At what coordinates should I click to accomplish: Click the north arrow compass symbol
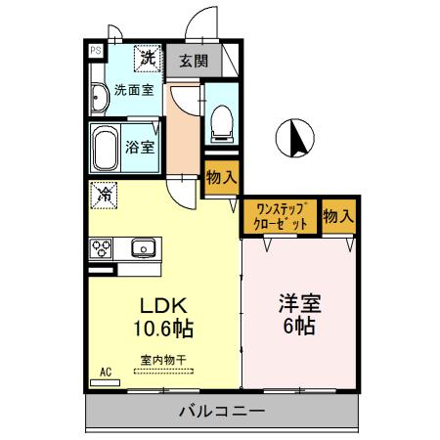pos(295,139)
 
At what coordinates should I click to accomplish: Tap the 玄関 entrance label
pos(193,61)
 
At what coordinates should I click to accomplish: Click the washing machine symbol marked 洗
pos(148,59)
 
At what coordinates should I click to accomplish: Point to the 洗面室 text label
pos(133,90)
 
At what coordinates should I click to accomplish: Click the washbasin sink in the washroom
pos(100,98)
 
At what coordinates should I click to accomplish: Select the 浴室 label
pos(141,149)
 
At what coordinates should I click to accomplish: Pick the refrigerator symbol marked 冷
pos(103,195)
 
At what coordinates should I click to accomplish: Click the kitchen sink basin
pos(144,248)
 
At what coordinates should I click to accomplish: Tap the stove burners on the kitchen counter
pos(102,249)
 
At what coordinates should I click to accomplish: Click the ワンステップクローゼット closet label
pos(282,214)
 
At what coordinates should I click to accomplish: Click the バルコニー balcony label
pos(220,412)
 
